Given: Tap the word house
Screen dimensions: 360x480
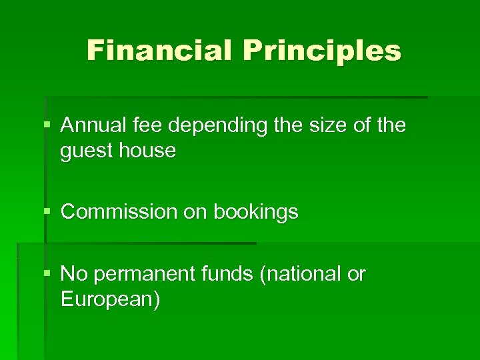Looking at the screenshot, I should tap(147, 151).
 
